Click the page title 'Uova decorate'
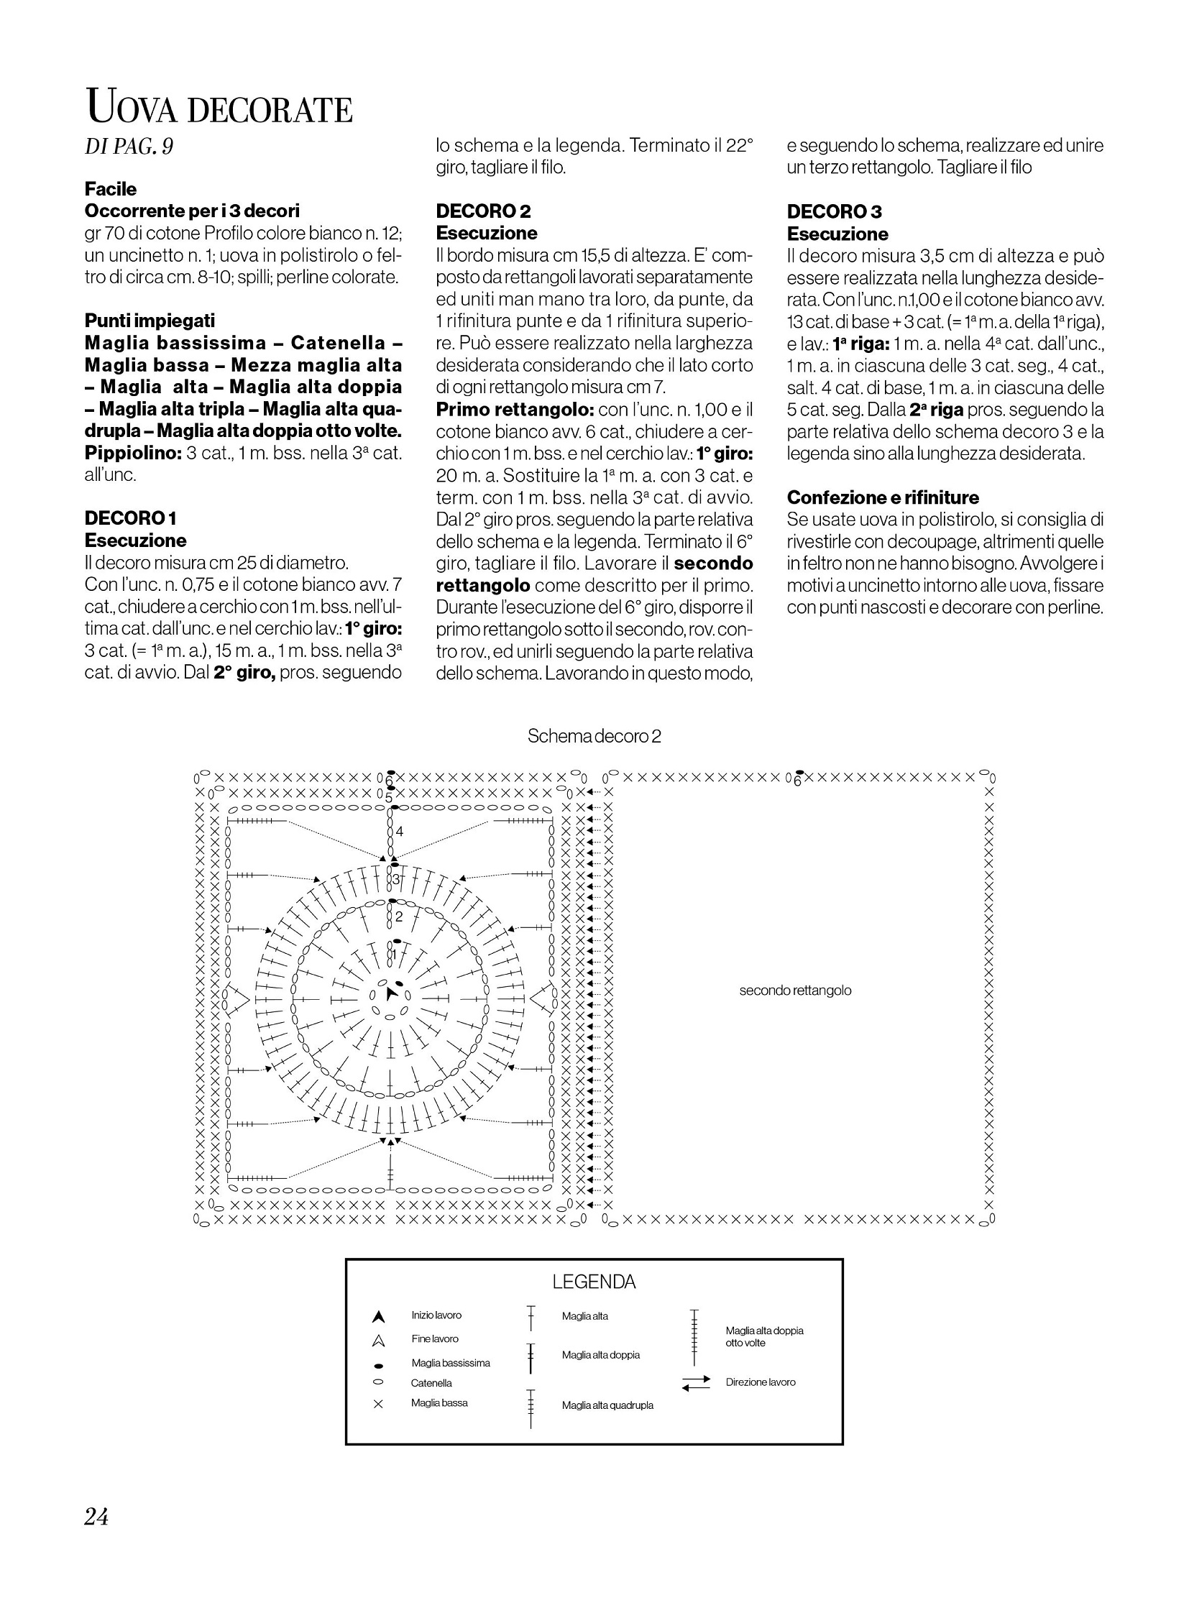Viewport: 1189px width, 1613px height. (219, 109)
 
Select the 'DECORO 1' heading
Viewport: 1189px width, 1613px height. (130, 518)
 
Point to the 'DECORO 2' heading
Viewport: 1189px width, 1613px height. (483, 211)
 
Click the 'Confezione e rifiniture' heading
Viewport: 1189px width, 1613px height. (882, 497)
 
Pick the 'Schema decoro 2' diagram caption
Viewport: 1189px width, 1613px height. (594, 736)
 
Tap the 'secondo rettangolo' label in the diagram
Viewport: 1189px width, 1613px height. (794, 991)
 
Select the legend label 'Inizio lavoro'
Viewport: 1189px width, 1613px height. (436, 1315)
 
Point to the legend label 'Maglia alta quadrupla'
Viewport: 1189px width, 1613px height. (607, 1405)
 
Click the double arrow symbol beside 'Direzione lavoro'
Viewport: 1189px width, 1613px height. (695, 1383)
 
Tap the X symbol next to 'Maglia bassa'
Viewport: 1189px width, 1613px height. (379, 1404)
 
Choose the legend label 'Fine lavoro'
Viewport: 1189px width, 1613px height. (435, 1338)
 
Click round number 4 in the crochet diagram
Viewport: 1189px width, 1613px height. (400, 832)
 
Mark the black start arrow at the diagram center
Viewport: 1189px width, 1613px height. (391, 994)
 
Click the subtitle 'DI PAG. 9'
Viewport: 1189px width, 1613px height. (129, 147)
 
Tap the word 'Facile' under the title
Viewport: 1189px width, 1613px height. (110, 188)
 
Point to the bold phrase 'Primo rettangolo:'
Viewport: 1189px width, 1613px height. (514, 410)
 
